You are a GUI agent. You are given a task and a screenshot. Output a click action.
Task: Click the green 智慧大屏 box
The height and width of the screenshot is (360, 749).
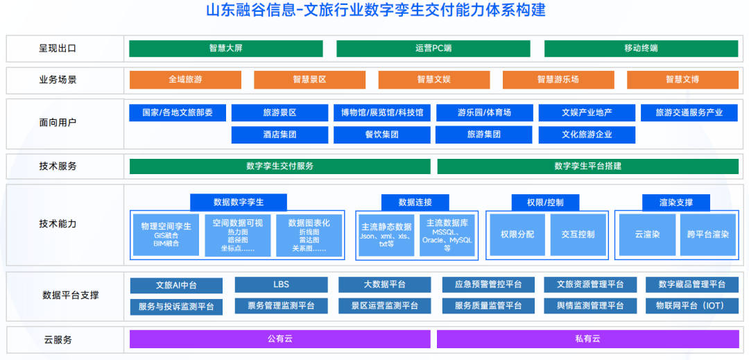[225, 49]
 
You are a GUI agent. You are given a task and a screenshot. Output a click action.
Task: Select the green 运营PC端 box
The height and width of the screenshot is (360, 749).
[433, 49]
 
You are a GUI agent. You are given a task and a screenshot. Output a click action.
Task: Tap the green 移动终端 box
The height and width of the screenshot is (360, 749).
[641, 49]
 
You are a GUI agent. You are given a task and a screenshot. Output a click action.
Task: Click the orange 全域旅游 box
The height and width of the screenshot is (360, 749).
[185, 80]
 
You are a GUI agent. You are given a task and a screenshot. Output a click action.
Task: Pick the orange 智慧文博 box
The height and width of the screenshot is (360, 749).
[682, 80]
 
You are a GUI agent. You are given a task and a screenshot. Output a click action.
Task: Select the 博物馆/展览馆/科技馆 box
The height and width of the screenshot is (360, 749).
[381, 112]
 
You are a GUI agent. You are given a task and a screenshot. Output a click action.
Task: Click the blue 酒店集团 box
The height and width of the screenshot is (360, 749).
[279, 135]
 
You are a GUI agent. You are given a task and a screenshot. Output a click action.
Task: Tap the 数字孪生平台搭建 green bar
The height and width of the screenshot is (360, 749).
[587, 166]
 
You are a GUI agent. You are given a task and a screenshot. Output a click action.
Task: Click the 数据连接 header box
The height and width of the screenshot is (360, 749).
[415, 202]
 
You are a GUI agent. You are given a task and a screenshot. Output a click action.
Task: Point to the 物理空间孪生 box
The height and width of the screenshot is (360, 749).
[166, 234]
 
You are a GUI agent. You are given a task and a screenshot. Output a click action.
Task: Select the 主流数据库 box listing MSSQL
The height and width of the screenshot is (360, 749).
[447, 234]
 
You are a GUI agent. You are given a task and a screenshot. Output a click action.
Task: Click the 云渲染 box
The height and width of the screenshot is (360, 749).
[646, 234]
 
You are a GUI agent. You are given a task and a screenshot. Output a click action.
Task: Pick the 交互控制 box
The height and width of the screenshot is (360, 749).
[578, 234]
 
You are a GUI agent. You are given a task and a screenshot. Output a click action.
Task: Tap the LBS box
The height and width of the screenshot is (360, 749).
[281, 284]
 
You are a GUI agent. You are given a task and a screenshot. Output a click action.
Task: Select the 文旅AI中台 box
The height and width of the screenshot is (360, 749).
[176, 285]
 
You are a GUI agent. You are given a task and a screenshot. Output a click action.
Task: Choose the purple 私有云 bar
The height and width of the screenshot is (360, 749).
[587, 338]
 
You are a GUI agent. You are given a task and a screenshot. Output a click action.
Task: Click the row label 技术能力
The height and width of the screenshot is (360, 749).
[58, 224]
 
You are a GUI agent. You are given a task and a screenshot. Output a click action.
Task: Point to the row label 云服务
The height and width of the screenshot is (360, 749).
[58, 340]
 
